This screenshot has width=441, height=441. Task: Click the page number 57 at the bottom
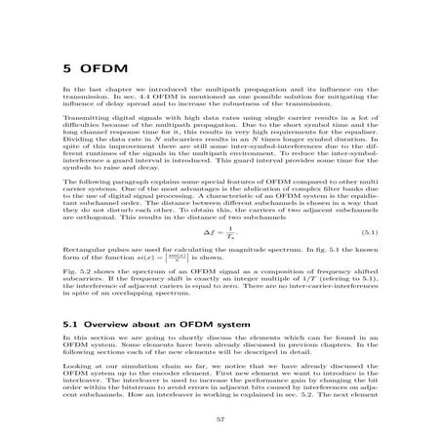[220, 421]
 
